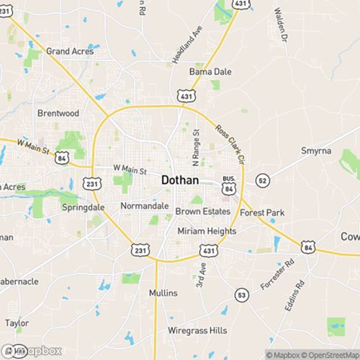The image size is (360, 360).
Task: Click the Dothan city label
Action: pyautogui.click(x=181, y=179)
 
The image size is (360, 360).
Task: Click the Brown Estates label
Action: pyautogui.click(x=203, y=212)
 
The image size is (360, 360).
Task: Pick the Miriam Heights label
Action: pyautogui.click(x=207, y=231)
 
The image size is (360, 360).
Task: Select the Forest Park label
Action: pyautogui.click(x=262, y=212)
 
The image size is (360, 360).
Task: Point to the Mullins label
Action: pyautogui.click(x=163, y=294)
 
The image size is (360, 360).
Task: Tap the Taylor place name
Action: pyautogui.click(x=17, y=323)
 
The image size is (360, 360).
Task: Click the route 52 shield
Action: pyautogui.click(x=264, y=180)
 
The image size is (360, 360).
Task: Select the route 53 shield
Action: pyautogui.click(x=241, y=295)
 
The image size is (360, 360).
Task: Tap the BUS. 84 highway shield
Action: pyautogui.click(x=229, y=184)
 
